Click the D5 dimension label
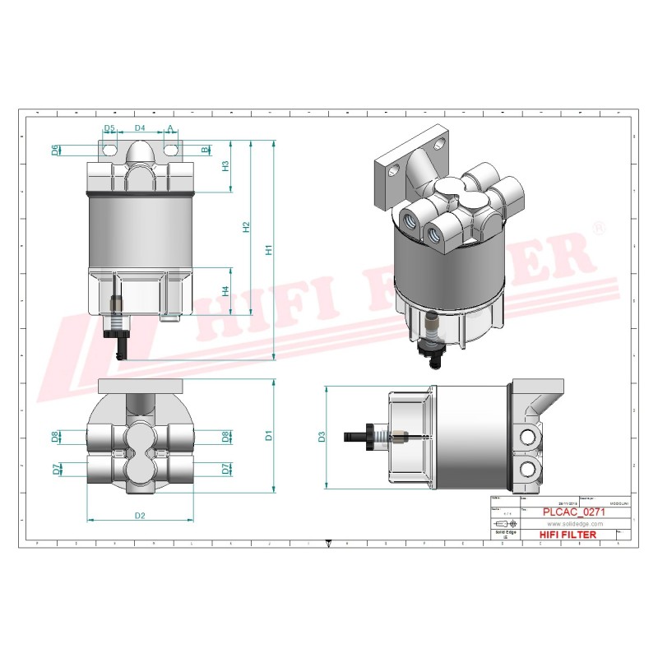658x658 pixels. coord(109,129)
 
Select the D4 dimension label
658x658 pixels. coord(140,129)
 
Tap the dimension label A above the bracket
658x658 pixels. coord(170,129)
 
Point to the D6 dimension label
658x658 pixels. coord(55,150)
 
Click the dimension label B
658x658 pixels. coord(206,150)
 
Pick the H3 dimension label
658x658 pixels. coord(225,165)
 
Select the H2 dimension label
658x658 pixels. coord(246,226)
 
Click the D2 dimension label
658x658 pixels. coord(140,516)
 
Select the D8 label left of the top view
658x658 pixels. coord(55,436)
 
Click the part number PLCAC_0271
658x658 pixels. coord(575,512)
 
